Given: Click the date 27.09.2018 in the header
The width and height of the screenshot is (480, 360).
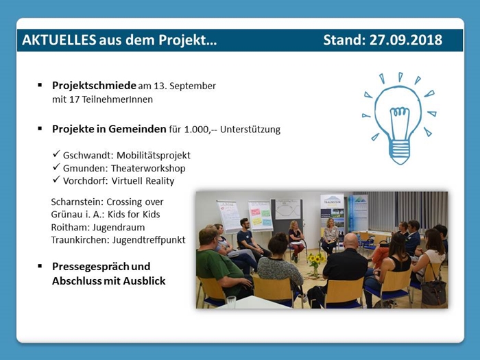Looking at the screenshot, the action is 406,40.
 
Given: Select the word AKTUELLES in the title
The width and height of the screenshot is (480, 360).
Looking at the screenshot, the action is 59,40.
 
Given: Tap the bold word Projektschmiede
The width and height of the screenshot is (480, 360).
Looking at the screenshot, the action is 94,86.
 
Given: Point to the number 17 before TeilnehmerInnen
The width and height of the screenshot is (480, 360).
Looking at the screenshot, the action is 74,99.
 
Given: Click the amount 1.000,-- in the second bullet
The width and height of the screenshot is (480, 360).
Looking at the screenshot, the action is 200,130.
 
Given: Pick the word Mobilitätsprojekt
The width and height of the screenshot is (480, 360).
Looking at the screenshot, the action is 154,156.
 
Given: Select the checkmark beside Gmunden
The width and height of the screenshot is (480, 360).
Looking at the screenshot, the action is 56,167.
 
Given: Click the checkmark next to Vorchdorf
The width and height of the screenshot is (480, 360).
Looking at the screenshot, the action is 56,180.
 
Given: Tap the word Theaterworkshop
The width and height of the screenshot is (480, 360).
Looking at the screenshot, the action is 148,169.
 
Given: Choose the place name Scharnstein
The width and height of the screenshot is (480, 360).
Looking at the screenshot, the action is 77,202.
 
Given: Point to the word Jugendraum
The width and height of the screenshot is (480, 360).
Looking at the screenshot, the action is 119,228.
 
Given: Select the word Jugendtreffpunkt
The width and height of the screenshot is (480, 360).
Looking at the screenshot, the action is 149,240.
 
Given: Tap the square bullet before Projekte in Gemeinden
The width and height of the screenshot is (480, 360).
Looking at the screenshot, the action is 40,128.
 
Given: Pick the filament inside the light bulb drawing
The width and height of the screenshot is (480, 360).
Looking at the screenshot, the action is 398,123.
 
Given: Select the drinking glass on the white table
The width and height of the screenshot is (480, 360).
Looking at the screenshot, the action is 231,302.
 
